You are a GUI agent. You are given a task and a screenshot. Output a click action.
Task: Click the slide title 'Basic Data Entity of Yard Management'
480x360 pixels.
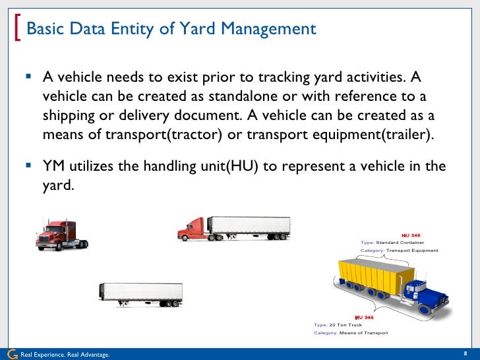[171, 30]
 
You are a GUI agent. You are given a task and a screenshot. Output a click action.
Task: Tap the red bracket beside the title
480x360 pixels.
[17, 29]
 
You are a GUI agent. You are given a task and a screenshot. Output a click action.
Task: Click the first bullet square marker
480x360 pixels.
[28, 76]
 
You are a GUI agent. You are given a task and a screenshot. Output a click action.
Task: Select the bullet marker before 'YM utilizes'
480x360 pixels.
[28, 165]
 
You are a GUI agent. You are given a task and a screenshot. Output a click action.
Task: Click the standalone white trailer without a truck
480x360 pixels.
[140, 294]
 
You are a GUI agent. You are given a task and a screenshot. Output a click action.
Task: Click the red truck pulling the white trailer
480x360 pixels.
[234, 227]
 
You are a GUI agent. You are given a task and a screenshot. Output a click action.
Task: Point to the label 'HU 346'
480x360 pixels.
[411, 235]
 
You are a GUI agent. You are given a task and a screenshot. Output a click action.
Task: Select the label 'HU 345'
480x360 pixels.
[364, 317]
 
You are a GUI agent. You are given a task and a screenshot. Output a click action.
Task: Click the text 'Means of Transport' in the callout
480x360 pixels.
[363, 333]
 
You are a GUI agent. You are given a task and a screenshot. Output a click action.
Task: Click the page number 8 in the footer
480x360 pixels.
[466, 353]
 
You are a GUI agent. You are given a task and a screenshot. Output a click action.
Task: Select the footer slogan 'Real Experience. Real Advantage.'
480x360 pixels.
[65, 355]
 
